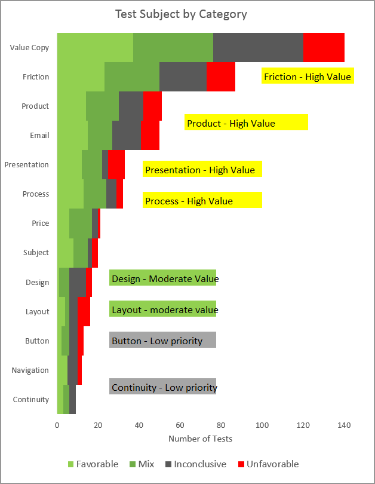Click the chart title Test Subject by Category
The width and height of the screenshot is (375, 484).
pyautogui.click(x=181, y=14)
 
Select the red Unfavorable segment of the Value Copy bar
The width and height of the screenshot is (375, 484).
pyautogui.click(x=324, y=47)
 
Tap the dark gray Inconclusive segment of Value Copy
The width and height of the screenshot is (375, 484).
pyautogui.click(x=258, y=47)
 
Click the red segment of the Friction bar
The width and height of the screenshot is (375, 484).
pyautogui.click(x=221, y=76)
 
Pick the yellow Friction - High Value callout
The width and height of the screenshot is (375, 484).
pyautogui.click(x=308, y=76)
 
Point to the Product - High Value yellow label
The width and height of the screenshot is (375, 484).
pyautogui.click(x=246, y=123)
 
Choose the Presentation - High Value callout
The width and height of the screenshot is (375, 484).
pyautogui.click(x=202, y=170)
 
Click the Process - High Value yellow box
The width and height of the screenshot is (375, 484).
pyautogui.click(x=202, y=201)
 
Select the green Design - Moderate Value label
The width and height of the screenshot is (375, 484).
pyautogui.click(x=162, y=278)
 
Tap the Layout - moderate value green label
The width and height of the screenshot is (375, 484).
pyautogui.click(x=162, y=310)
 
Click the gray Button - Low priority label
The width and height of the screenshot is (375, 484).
pyautogui.click(x=162, y=341)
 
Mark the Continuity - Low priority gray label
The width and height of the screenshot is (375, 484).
pyautogui.click(x=162, y=387)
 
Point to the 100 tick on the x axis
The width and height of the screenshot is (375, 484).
pyautogui.click(x=262, y=425)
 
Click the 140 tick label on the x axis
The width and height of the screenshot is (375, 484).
pyautogui.click(x=344, y=425)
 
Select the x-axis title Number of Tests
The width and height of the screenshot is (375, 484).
pyautogui.click(x=201, y=439)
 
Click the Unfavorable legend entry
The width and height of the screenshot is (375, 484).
pyautogui.click(x=268, y=464)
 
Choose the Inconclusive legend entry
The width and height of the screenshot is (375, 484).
pyautogui.click(x=195, y=464)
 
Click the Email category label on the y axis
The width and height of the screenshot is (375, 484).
pyautogui.click(x=39, y=135)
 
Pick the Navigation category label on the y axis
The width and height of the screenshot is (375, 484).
pyautogui.click(x=30, y=370)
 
